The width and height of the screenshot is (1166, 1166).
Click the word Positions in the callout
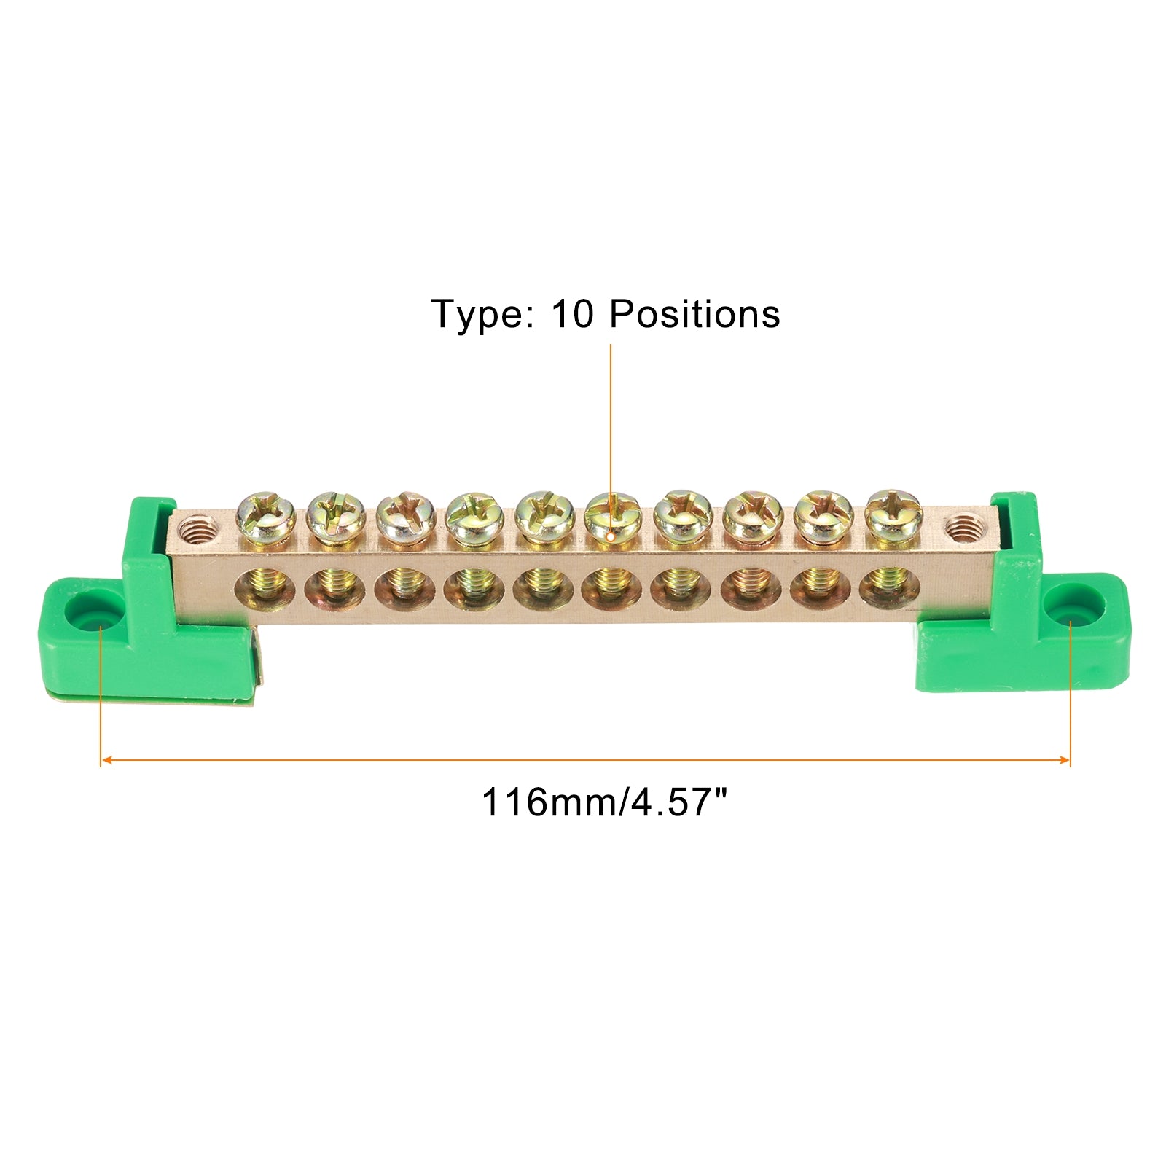tap(694, 314)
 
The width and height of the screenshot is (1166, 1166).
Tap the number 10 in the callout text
tap(573, 314)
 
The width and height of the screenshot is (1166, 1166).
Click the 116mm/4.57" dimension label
tap(605, 802)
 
